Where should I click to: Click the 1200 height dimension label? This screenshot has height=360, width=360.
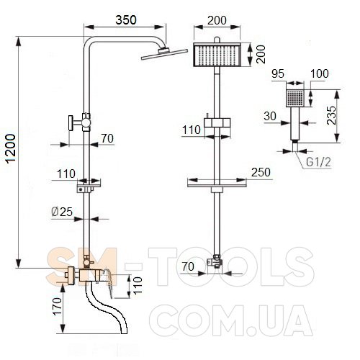11,149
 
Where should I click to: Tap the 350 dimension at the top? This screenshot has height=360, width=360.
126,20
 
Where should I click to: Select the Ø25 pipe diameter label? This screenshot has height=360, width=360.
62,212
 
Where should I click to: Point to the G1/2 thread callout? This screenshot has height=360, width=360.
318,162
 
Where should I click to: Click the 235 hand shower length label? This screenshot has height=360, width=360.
332,115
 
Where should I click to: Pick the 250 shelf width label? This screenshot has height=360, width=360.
261,172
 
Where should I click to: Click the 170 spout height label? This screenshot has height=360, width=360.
58,306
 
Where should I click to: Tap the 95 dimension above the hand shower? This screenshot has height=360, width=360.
278,73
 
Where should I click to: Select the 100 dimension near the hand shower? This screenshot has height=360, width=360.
320,73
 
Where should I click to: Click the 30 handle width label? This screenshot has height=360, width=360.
270,116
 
